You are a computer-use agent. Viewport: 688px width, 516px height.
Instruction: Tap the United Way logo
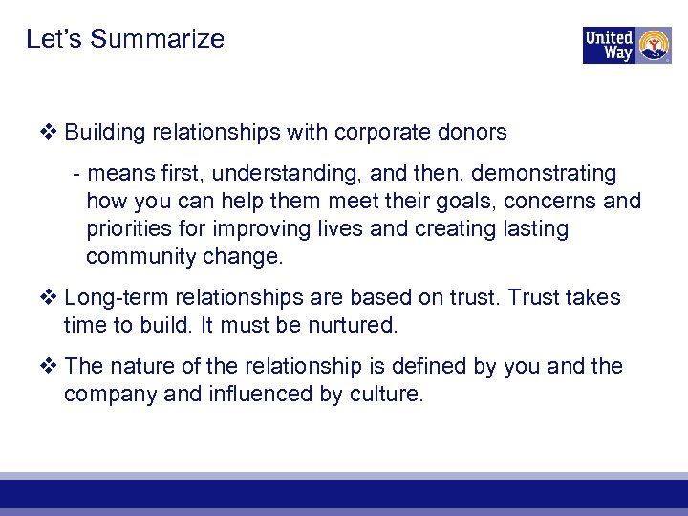tap(627, 45)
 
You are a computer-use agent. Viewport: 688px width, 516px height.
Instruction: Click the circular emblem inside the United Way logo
tap(654, 45)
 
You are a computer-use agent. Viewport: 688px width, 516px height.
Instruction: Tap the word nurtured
tap(352, 326)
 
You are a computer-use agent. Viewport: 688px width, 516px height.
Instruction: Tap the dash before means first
tap(76, 174)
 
